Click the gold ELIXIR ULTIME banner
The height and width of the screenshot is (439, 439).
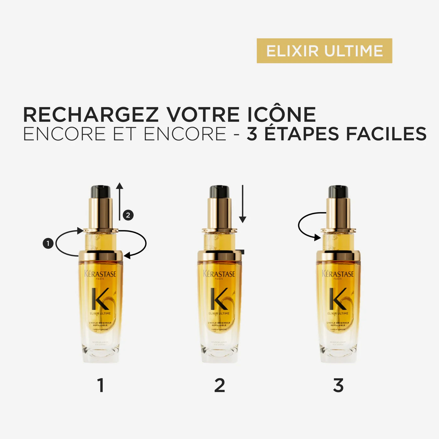[x=324, y=51]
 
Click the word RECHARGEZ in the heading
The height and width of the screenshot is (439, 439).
[x=91, y=115]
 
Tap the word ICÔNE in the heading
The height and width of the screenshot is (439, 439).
[x=281, y=115]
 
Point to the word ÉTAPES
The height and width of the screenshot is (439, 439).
[x=302, y=134]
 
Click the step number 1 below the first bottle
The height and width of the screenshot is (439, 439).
[x=100, y=385]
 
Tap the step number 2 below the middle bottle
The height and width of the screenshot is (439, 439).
[x=219, y=385]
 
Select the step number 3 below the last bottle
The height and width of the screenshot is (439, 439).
[x=338, y=385]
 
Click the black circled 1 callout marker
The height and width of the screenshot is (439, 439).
[x=48, y=243]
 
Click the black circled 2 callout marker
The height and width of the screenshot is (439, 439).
[x=128, y=215]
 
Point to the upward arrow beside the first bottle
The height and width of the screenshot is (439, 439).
[x=119, y=201]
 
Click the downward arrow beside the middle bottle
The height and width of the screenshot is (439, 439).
[x=242, y=204]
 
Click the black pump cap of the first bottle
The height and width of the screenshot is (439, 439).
[x=100, y=192]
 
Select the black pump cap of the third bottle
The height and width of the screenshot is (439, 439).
[x=338, y=192]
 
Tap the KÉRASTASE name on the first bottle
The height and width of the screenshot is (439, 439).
[x=100, y=274]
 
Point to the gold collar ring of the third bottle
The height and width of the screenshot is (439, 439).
[x=338, y=256]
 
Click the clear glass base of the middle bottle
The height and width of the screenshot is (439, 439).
[x=219, y=353]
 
